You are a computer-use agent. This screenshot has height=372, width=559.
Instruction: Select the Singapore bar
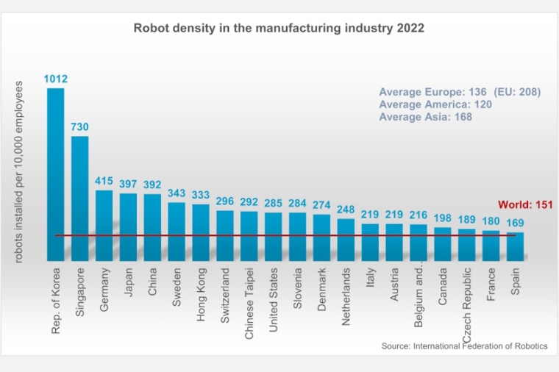(x=80, y=198)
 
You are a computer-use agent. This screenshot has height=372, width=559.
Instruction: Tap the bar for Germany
(x=104, y=225)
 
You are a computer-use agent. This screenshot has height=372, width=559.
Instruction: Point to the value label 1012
(x=56, y=79)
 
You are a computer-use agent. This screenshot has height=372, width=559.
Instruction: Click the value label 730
(x=80, y=126)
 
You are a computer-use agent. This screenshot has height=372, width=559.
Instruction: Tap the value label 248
(x=346, y=209)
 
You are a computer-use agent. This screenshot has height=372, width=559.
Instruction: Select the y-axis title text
(x=19, y=171)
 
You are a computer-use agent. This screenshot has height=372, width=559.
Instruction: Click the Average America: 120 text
(x=435, y=104)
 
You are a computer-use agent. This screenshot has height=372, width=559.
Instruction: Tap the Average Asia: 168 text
(x=425, y=117)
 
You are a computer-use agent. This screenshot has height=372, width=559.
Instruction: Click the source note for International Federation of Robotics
(x=464, y=346)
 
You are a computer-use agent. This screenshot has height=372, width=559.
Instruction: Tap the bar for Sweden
(x=177, y=231)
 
